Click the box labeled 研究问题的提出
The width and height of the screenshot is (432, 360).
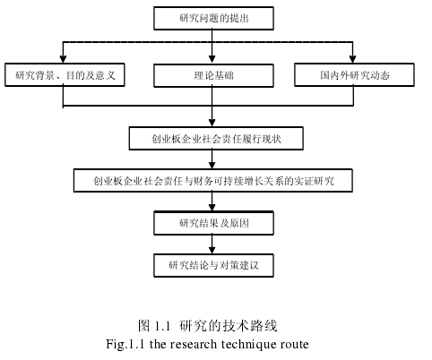click(x=213, y=18)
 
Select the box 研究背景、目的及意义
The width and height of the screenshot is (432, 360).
click(x=65, y=74)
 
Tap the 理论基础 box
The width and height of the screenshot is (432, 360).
click(x=213, y=75)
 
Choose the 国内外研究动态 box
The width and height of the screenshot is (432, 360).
click(x=354, y=74)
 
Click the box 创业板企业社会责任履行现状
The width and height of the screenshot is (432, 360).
click(x=216, y=139)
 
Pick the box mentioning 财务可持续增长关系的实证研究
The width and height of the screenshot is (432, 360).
click(x=213, y=181)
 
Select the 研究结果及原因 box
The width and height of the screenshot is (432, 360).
click(x=213, y=223)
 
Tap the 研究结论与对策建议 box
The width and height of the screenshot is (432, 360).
click(x=213, y=265)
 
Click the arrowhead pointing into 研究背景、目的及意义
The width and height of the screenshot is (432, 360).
click(x=63, y=59)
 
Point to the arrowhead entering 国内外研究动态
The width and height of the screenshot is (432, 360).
click(x=352, y=59)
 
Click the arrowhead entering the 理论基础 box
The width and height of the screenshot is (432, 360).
click(x=212, y=59)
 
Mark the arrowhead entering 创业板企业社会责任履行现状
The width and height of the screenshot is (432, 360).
click(x=212, y=123)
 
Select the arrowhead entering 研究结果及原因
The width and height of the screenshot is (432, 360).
click(x=212, y=207)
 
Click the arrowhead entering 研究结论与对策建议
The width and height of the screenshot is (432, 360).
click(x=212, y=250)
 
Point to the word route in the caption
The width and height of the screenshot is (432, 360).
click(x=295, y=345)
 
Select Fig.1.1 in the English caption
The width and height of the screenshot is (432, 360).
click(x=125, y=345)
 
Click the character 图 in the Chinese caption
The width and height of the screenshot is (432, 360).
click(x=143, y=326)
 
